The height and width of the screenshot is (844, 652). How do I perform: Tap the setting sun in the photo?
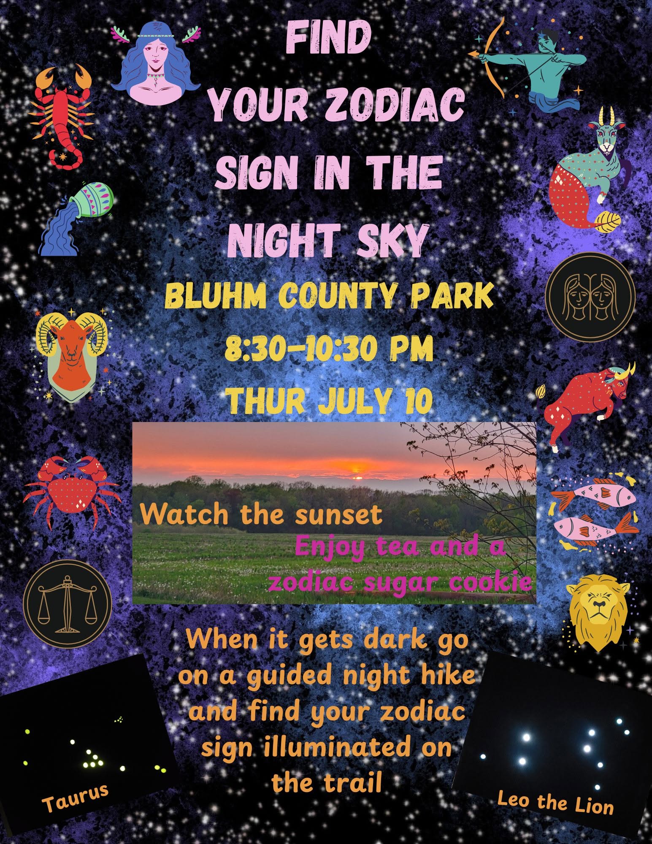click(x=357, y=477)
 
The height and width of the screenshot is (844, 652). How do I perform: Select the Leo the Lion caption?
click(x=555, y=802)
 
